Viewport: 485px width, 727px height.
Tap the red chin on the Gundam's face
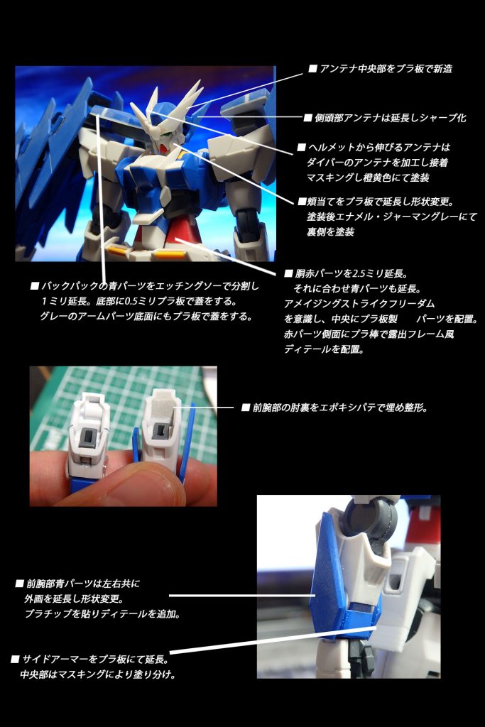point(162,148)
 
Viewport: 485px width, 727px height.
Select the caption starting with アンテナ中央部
point(380,69)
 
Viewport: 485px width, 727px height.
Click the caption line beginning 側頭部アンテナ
point(385,118)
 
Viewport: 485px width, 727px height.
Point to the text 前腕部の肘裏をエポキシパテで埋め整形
point(334,408)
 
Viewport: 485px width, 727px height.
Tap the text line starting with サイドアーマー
point(90,660)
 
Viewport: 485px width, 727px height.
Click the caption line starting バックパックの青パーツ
point(145,286)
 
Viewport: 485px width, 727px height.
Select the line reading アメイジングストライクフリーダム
point(359,304)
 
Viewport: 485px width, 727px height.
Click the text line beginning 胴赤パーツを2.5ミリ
point(346,273)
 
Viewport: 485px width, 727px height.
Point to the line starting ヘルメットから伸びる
point(374,148)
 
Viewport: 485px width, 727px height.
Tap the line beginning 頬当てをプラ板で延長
point(376,202)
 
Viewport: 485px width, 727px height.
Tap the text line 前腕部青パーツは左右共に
point(77,584)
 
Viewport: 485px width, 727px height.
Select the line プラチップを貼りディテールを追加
point(102,614)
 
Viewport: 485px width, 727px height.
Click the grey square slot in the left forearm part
point(89,437)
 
